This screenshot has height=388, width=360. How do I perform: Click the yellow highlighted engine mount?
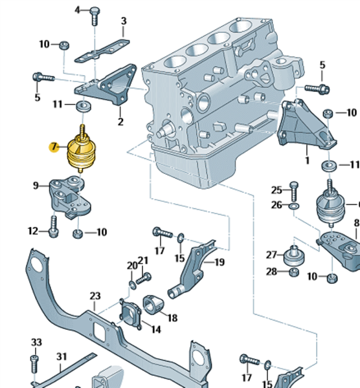82,150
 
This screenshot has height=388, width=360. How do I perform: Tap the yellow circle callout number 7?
54,147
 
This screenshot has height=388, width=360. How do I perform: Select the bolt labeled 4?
95,16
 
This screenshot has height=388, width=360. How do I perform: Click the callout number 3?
124,21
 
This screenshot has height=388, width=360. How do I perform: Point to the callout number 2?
120,122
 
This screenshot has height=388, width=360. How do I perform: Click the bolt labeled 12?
54,227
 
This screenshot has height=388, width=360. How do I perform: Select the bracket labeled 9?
70,197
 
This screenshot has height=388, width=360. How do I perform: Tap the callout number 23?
95,296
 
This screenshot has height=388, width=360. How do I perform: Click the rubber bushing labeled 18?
153,305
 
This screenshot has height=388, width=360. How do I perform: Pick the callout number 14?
156,329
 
